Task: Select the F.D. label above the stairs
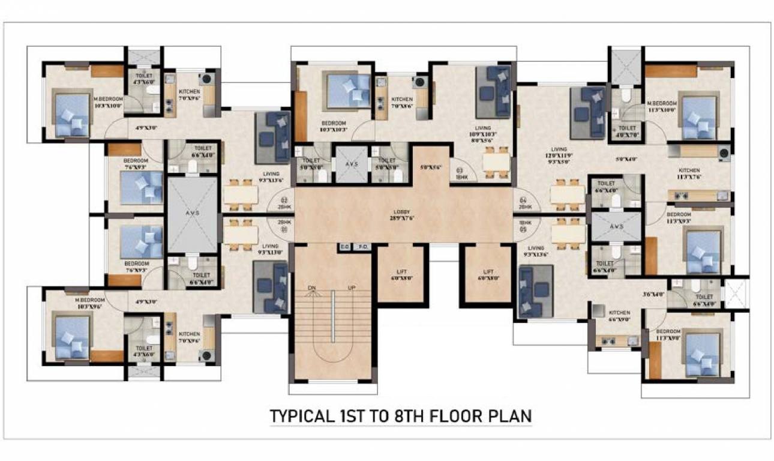[x=362, y=247]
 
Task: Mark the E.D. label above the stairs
[x=344, y=247]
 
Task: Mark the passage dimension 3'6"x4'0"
[x=655, y=294]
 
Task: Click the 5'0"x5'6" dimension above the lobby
[x=430, y=168]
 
